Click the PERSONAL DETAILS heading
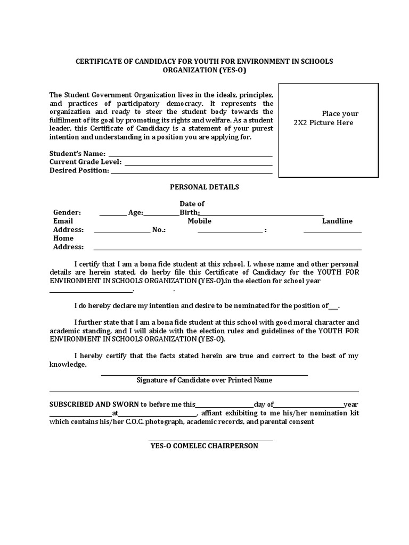(204, 187)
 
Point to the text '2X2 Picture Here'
(323, 122)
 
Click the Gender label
(67, 212)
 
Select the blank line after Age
(162, 214)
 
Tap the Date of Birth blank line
(261, 214)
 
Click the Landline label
(337, 221)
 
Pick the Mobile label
(199, 221)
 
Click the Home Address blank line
(227, 249)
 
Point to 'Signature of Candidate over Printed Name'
(204, 380)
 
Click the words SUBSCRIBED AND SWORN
(87, 404)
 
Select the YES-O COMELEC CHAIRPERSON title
(204, 445)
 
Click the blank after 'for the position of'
(333, 308)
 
